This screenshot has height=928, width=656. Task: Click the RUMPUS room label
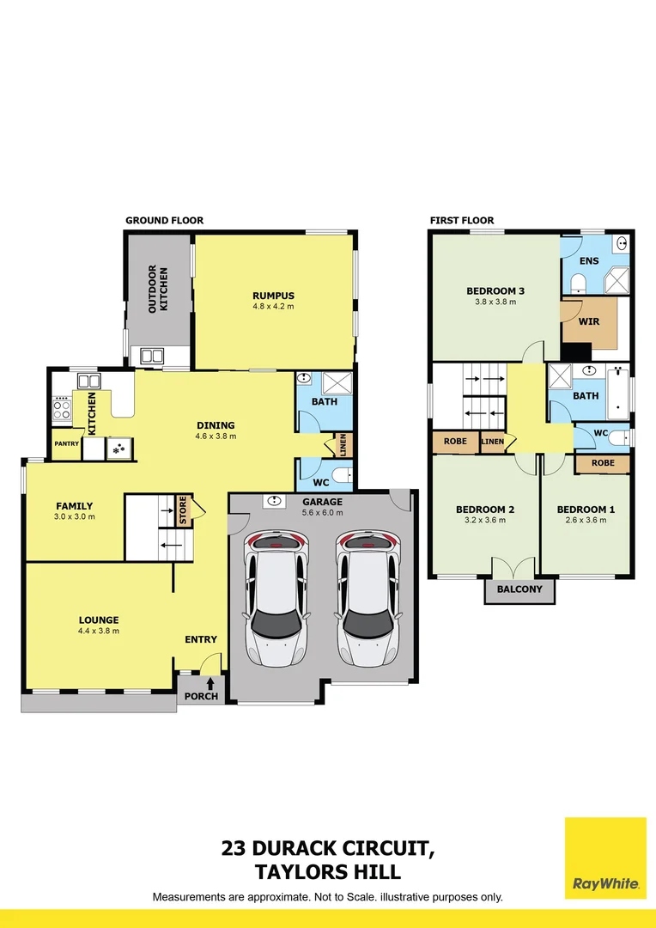pyautogui.click(x=273, y=296)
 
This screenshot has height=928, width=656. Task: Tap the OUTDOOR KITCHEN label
pyautogui.click(x=157, y=289)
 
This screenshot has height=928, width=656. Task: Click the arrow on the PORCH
pyautogui.click(x=210, y=683)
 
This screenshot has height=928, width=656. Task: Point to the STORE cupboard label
pyautogui.click(x=183, y=510)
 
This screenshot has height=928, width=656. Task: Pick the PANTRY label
pyautogui.click(x=66, y=444)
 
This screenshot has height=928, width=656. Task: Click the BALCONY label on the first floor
pyautogui.click(x=519, y=589)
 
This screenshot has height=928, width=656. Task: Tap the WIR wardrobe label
pyautogui.click(x=589, y=322)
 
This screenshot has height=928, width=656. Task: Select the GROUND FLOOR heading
pyautogui.click(x=164, y=221)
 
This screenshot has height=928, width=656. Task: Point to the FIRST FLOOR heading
pyautogui.click(x=462, y=221)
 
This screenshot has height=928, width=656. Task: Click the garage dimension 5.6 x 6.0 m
pyautogui.click(x=322, y=513)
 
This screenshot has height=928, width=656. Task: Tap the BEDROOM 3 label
pyautogui.click(x=495, y=291)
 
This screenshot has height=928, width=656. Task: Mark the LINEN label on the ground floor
pyautogui.click(x=343, y=445)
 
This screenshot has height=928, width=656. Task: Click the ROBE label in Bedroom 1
pyautogui.click(x=602, y=464)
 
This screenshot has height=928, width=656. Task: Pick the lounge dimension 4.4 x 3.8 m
pyautogui.click(x=99, y=631)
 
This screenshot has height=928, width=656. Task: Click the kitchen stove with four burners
pyautogui.click(x=62, y=407)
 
